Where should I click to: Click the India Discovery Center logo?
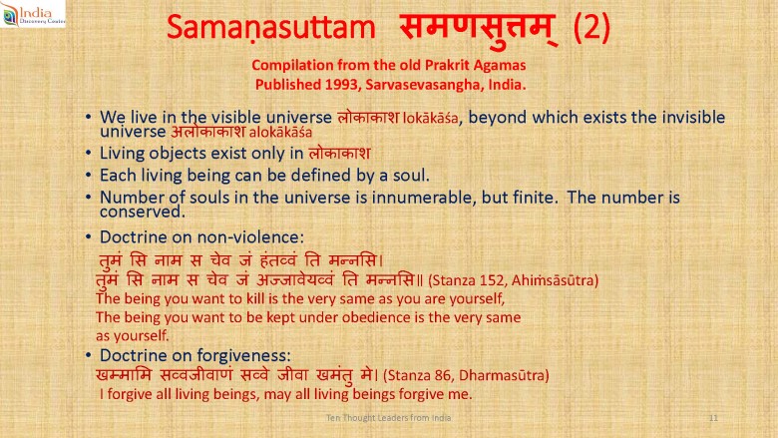[x=33, y=13]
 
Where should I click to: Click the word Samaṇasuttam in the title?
[x=271, y=27]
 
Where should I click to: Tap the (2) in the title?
[x=591, y=27]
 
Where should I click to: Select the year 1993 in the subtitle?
[x=342, y=85]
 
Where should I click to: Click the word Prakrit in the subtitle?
[x=447, y=65]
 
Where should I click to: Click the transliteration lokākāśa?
[x=431, y=118]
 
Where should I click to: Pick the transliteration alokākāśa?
[x=280, y=133]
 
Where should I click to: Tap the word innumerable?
[x=424, y=198]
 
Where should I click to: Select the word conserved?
[x=142, y=212]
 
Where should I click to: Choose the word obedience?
[x=376, y=317]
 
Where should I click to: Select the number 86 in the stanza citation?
[x=442, y=375]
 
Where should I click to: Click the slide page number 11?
[x=713, y=418]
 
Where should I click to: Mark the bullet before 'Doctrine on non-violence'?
[x=88, y=237]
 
